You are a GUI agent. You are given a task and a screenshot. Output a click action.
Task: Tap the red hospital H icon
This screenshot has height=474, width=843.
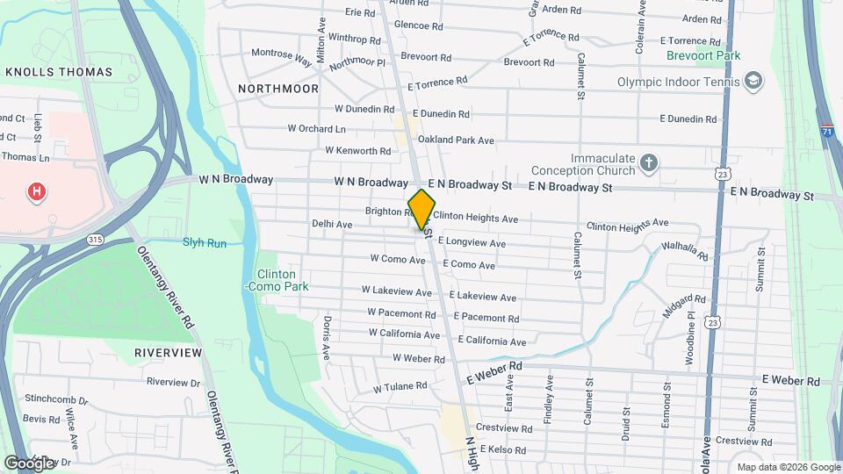(36, 192)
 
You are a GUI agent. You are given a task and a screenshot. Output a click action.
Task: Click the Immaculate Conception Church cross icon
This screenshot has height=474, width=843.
(648, 162)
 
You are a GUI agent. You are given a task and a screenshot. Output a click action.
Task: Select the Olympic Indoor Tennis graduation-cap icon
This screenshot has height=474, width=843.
(752, 82)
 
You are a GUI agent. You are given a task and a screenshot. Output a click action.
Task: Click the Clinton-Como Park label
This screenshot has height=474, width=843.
(277, 280)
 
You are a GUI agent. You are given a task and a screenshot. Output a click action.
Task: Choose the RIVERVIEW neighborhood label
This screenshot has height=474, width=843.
(168, 352)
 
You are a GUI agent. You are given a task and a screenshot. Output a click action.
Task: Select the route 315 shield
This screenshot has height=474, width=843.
(95, 239)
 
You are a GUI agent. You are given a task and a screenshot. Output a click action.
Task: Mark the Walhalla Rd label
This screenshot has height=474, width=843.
(685, 251)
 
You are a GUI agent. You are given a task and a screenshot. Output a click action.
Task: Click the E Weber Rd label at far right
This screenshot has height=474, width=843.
(790, 380)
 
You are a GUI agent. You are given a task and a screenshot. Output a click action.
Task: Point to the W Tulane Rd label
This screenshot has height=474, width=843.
(400, 386)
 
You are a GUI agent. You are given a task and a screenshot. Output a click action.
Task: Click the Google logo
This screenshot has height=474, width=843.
(28, 463)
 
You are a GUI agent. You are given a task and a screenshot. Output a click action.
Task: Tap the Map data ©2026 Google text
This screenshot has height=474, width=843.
(787, 467)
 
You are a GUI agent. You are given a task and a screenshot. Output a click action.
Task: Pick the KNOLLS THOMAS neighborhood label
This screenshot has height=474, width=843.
(59, 71)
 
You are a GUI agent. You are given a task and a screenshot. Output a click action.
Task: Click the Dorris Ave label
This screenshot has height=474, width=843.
(326, 338)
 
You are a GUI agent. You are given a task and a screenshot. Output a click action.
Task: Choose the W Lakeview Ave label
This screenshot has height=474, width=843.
(397, 291)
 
